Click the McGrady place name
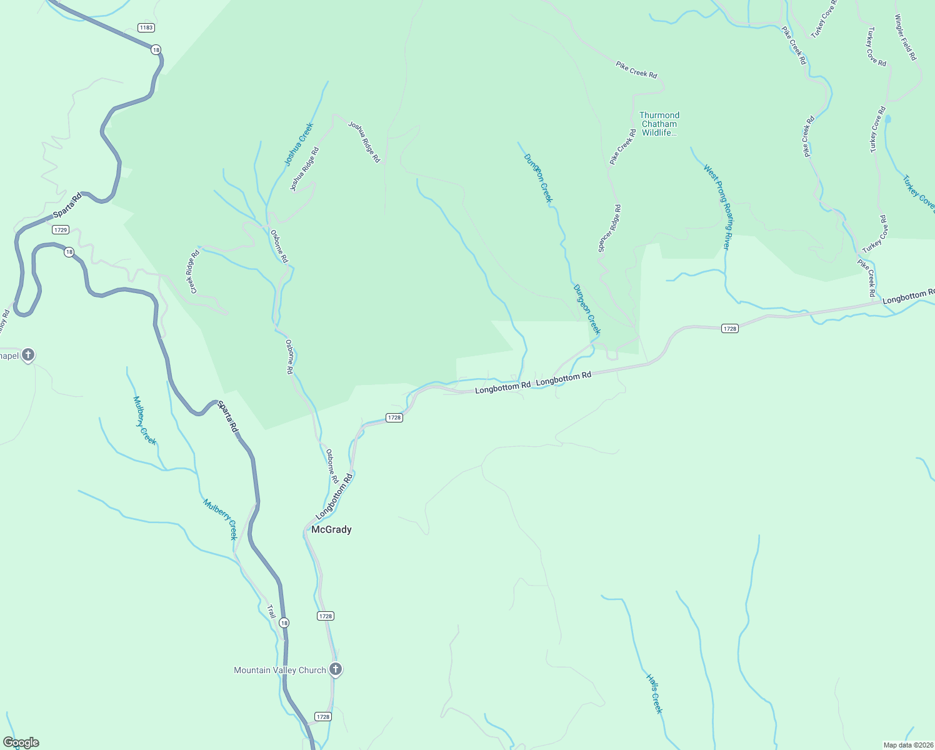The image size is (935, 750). coord(331,529)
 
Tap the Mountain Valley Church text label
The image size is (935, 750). coord(279,670)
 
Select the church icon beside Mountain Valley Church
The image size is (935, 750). coord(336,669)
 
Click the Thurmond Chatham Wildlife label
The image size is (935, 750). coord(659,124)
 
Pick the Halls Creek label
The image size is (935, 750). coord(654,694)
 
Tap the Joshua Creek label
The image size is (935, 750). coord(299,144)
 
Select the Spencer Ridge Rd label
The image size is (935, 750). coord(609,228)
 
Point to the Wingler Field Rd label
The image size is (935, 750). coord(906,37)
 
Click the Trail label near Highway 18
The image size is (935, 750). coord(271,612)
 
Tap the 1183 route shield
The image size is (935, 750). coord(146,27)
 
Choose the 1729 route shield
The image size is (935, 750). coord(61,230)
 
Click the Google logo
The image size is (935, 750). coord(21,742)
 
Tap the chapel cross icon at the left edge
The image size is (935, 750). coord(27,356)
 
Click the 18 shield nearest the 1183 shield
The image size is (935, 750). coord(156,49)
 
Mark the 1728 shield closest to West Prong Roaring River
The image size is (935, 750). coord(729,329)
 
